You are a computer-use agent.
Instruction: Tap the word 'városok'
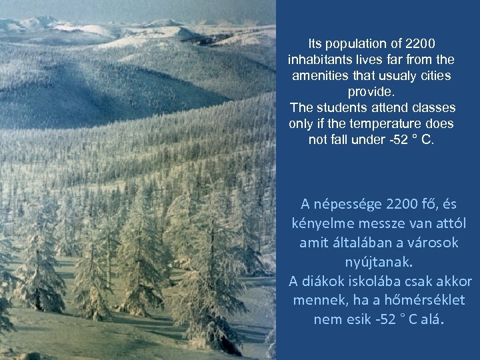click(433, 242)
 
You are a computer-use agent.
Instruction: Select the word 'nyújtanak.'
click(371, 261)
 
